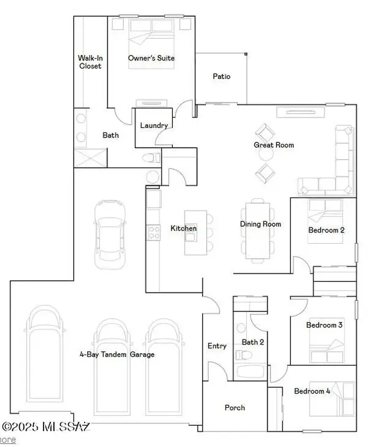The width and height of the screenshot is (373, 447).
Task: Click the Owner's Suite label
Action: (x=151, y=58)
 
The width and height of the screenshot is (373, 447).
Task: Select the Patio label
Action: (x=221, y=76)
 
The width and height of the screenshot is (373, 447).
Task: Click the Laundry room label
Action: (x=154, y=126)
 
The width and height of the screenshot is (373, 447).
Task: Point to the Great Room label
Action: (x=274, y=145)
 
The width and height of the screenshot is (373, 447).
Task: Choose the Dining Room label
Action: (x=260, y=224)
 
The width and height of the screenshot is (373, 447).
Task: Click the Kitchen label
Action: (x=183, y=229)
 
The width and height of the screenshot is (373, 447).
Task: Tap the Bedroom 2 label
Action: (x=326, y=231)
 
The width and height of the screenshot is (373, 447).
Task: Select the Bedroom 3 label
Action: (x=325, y=325)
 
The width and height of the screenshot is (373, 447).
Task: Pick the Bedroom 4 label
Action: (x=313, y=391)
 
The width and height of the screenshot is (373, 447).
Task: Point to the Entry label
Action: (x=216, y=346)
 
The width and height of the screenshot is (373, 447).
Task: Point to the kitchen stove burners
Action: (x=153, y=233)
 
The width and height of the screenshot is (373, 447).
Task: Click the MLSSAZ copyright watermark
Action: (x=46, y=428)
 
